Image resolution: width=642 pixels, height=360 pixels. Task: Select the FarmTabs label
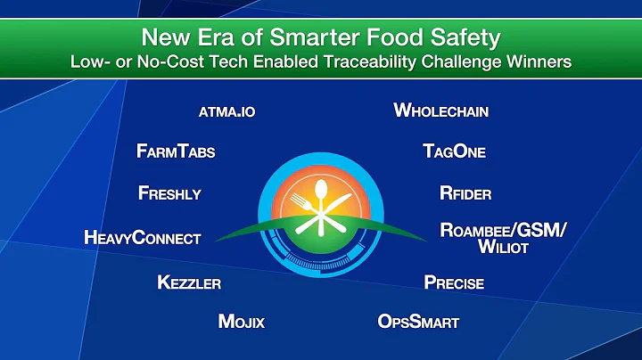pos(176,151)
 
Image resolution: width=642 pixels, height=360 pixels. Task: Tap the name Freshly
pos(169,192)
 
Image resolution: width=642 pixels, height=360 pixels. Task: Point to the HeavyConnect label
pos(142,238)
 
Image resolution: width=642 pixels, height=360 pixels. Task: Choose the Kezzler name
pos(188,283)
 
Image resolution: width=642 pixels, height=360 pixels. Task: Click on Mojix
pos(242,321)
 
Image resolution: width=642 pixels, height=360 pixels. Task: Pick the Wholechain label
pos(441,111)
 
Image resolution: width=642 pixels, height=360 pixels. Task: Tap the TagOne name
pos(454,151)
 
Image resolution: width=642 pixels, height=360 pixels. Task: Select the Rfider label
pos(465,192)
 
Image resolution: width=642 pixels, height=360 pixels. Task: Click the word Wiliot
pos(503,247)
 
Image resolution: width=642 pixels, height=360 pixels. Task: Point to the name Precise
pos(454,283)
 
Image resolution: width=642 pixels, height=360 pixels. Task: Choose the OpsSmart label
pos(418,321)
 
